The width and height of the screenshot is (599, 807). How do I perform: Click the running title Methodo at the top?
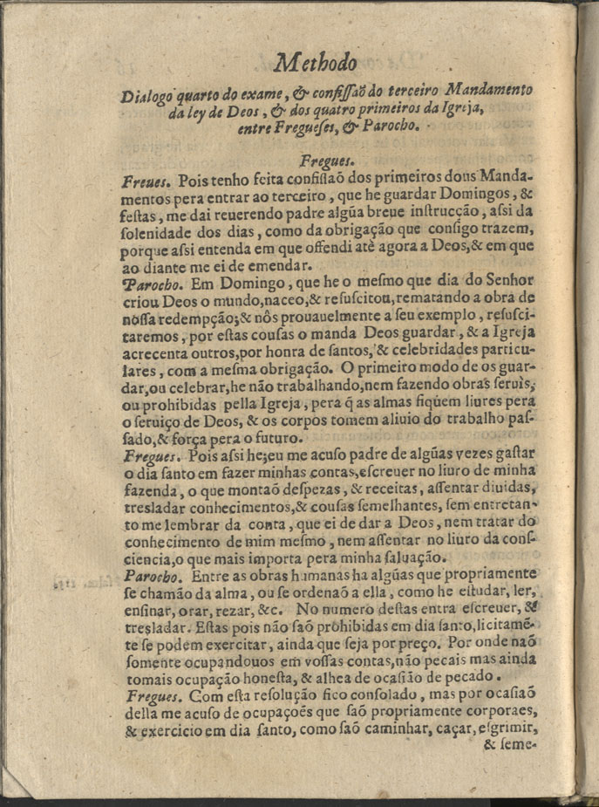click(315, 62)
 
